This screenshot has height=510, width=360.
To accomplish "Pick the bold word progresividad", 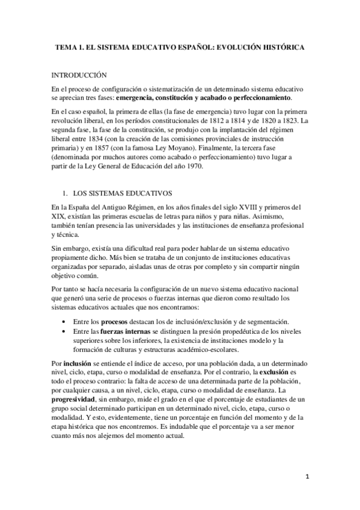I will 75,399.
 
